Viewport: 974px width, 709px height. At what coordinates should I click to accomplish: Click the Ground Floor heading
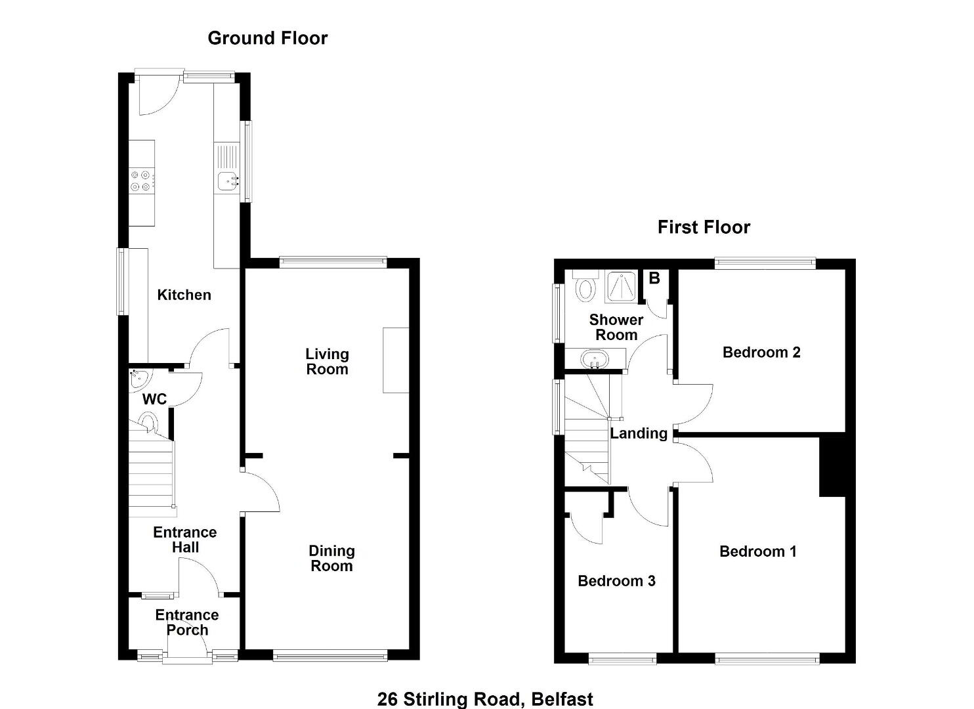pos(267,38)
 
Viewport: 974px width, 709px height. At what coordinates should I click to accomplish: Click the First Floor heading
pos(704,228)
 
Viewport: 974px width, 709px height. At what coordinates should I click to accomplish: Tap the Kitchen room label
pos(184,295)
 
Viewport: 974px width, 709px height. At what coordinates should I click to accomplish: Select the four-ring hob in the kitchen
pos(142,181)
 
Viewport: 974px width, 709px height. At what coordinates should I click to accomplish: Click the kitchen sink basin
pos(228,181)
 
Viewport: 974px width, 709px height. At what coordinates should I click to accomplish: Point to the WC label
pos(154,399)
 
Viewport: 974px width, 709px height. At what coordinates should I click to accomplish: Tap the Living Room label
pos(327,362)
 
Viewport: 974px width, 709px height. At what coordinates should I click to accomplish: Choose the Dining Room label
pos(331,559)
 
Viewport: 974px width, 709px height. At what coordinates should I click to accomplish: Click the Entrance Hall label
pos(185,540)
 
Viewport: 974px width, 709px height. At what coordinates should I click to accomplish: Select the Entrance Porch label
pos(187,622)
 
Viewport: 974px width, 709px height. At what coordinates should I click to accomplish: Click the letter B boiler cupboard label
pos(654,278)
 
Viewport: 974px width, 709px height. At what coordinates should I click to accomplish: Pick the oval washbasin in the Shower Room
pos(595,360)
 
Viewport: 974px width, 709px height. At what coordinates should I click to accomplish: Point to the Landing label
pos(639,434)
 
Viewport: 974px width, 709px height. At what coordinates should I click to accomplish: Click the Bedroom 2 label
pos(761,353)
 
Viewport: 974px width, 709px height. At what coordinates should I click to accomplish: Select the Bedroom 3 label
pos(616,581)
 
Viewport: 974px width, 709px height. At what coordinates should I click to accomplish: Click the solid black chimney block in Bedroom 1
pos(832,467)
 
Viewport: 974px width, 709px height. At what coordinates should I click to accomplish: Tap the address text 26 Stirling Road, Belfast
pos(485,699)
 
